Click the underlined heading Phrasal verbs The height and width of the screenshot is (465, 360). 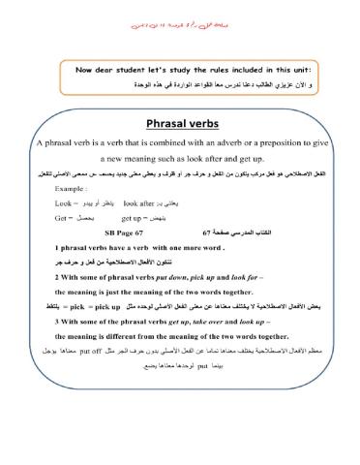[x=181, y=123]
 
